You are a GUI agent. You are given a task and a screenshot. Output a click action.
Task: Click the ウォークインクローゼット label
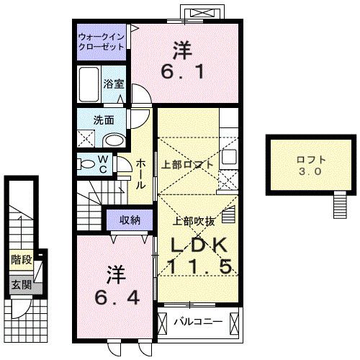[x=102, y=40]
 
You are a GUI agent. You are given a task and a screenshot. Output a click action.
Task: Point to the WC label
[x=102, y=163]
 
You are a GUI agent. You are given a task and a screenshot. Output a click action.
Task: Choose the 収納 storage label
[x=130, y=219]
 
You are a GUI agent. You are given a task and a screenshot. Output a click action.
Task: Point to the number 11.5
[x=201, y=266]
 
